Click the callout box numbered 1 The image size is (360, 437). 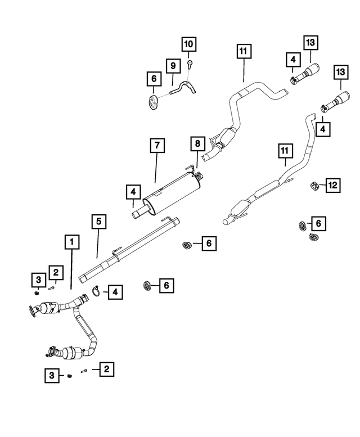click(72, 242)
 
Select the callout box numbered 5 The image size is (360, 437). click(99, 222)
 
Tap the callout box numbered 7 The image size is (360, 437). click(157, 145)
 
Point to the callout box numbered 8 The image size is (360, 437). click(197, 143)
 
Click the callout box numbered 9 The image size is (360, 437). click(173, 66)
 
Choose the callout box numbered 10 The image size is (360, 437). click(188, 44)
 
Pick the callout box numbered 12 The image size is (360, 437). click(333, 185)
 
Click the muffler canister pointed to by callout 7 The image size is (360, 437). click(172, 193)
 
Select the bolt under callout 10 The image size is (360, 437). click(190, 64)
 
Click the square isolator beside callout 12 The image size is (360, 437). click(315, 186)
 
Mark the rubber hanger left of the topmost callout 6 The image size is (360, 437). click(152, 103)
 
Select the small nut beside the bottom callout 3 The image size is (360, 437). click(70, 376)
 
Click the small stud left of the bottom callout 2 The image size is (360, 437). click(84, 371)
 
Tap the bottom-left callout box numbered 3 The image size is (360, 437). click(52, 375)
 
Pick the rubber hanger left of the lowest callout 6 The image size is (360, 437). click(147, 286)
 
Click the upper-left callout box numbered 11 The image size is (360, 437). click(244, 51)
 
